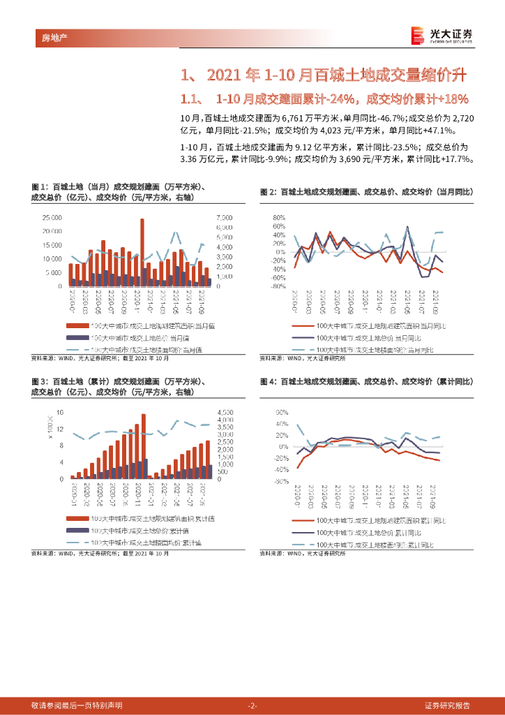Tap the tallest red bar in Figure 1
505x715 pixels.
[x=142, y=251]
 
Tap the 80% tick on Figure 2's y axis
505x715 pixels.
[x=280, y=217]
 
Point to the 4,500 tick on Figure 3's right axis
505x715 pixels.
[x=229, y=412]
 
